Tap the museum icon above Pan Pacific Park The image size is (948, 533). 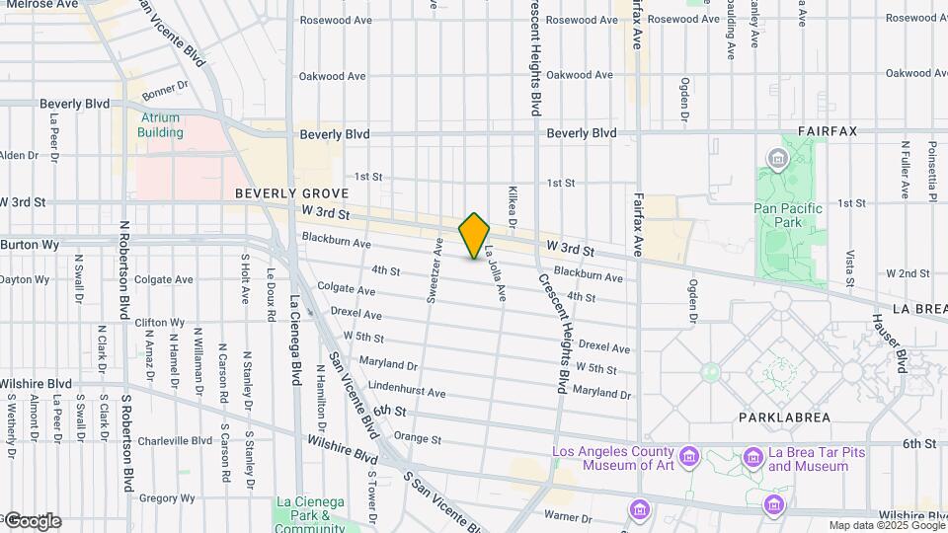point(777,159)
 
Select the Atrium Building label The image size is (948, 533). point(160,124)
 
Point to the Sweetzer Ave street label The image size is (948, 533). point(433,269)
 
